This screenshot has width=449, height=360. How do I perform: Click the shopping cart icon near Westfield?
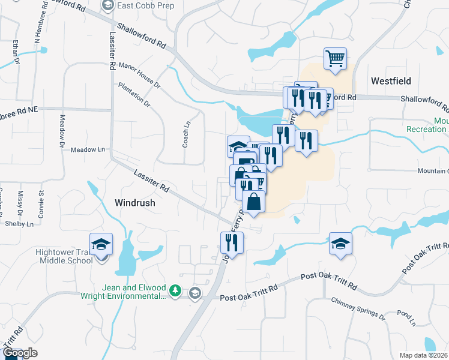(335, 59)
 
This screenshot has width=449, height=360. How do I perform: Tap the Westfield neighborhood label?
(390, 80)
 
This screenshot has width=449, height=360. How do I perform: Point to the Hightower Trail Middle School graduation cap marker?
(101, 244)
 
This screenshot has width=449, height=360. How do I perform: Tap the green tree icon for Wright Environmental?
(175, 291)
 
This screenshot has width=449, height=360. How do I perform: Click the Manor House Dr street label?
(140, 75)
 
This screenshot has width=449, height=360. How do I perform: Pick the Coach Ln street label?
(186, 135)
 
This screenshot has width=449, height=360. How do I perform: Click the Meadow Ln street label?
(88, 149)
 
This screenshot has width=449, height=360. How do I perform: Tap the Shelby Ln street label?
(19, 224)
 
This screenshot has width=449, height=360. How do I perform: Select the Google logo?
(20, 353)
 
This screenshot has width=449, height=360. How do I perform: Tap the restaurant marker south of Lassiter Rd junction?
(232, 242)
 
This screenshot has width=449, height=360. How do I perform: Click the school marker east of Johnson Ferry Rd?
(340, 244)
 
